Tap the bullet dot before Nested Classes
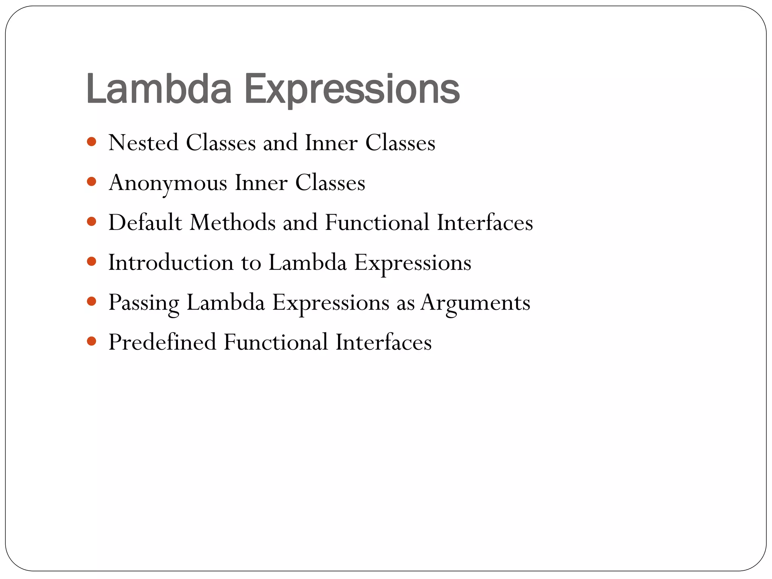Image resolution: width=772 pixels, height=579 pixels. tap(92, 142)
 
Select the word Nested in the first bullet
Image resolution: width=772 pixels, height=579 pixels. tap(143, 143)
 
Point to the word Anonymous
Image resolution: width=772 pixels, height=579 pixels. tap(168, 183)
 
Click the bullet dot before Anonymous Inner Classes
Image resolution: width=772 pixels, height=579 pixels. tap(92, 182)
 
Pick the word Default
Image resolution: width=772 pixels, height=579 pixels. tap(145, 222)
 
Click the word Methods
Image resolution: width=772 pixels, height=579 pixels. tap(233, 222)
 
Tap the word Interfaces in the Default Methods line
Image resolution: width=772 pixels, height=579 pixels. tap(485, 222)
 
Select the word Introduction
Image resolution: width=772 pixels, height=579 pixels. tap(171, 262)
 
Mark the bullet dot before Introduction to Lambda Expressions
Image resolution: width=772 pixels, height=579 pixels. tap(92, 262)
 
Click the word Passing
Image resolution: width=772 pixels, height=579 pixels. tap(144, 303)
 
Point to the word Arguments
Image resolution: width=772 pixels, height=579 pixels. tap(475, 303)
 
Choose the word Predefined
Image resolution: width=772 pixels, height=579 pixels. tap(162, 342)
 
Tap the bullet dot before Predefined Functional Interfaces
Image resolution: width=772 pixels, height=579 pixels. tap(92, 342)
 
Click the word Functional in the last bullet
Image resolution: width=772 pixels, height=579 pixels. tap(276, 342)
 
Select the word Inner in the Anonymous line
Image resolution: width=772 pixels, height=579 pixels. tap(261, 183)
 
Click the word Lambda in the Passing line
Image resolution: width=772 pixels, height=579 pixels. tap(225, 302)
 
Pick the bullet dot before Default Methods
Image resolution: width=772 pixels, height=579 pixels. tap(92, 222)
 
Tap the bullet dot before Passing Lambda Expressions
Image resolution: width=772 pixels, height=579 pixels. tap(92, 302)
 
